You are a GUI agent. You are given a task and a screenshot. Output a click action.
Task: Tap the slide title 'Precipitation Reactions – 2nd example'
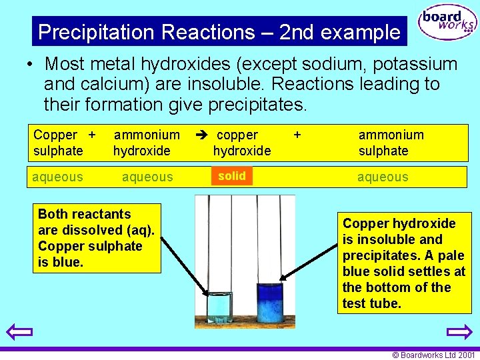(219, 32)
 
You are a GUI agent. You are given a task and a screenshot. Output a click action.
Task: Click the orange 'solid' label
(231, 176)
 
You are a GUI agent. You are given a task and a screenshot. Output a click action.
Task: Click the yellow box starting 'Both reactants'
(97, 238)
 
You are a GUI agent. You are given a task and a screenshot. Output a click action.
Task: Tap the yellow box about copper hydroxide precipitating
(404, 263)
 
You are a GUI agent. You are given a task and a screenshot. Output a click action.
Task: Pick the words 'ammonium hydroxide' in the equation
(146, 143)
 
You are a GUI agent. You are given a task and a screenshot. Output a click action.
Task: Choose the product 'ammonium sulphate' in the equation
(391, 143)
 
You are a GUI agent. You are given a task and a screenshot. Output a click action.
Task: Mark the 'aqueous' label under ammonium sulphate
(383, 177)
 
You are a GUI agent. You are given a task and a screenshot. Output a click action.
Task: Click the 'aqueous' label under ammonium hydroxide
(147, 177)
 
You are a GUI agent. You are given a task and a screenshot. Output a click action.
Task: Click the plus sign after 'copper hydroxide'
(297, 135)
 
